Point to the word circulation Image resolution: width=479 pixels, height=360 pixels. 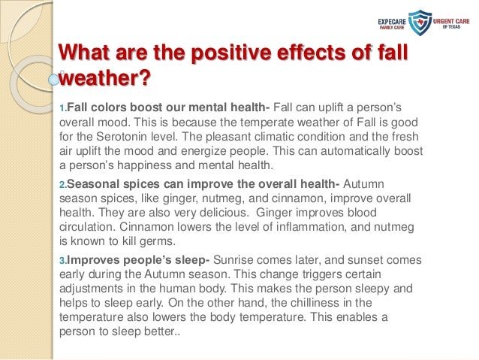coord(87,228)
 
